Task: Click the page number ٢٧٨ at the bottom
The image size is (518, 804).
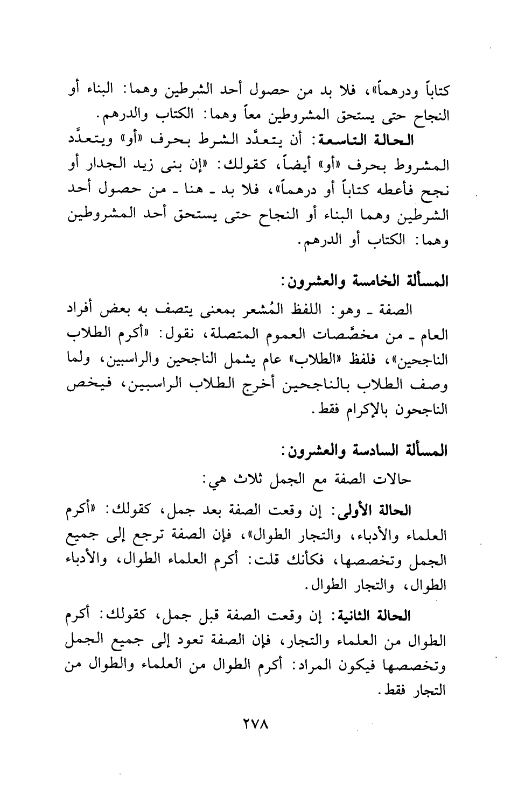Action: [x=259, y=735]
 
